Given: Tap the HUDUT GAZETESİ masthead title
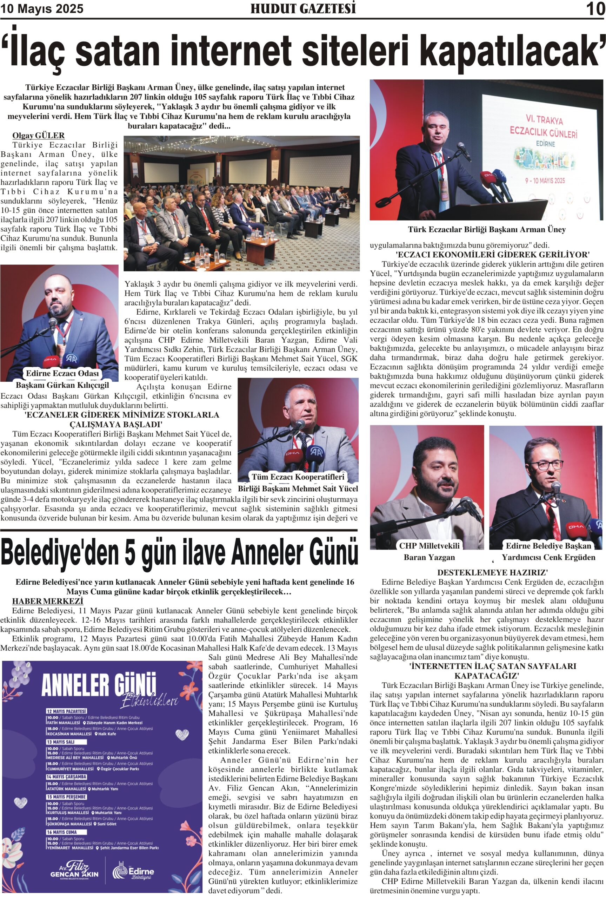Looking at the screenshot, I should click(x=303, y=8).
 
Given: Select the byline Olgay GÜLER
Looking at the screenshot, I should click(x=38, y=135).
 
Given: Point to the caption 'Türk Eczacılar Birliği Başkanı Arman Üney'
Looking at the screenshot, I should click(x=487, y=229).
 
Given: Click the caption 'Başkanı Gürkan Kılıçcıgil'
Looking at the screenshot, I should click(x=62, y=385).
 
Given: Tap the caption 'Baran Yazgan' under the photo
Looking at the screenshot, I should click(x=429, y=557).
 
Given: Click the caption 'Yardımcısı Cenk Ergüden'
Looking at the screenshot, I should click(x=548, y=557).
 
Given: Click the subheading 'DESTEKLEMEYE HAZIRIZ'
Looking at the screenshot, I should click(x=492, y=573).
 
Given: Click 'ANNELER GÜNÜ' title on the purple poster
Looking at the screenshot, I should click(x=99, y=685).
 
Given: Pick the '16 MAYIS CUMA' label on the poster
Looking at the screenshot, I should click(x=62, y=832).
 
